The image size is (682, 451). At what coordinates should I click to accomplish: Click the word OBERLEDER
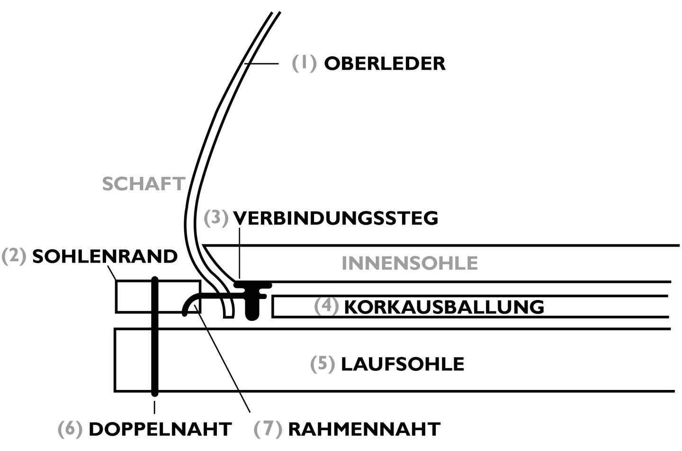(x=385, y=64)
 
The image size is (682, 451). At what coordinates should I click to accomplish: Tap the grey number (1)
(x=304, y=63)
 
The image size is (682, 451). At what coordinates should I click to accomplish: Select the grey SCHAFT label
(x=144, y=184)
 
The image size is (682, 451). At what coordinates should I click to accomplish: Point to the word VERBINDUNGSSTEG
(x=335, y=218)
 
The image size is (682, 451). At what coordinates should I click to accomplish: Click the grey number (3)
(x=216, y=218)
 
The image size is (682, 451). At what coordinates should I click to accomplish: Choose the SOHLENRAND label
(x=105, y=256)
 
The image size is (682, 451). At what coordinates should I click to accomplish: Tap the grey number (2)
(x=14, y=256)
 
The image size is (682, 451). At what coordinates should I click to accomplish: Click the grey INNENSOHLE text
(x=410, y=263)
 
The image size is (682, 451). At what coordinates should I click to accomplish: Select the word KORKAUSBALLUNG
(x=444, y=307)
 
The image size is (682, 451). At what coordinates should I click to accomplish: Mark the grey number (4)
(x=326, y=306)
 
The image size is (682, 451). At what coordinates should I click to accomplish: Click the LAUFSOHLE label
(x=403, y=364)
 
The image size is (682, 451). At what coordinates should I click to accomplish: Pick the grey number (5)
(x=323, y=364)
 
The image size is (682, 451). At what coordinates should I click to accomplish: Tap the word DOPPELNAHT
(x=160, y=429)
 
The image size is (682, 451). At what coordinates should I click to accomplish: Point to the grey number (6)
(x=70, y=429)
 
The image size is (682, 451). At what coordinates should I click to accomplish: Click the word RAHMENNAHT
(x=364, y=429)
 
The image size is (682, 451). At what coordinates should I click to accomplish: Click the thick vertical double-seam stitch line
(x=155, y=336)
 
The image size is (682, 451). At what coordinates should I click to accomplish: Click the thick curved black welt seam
(x=213, y=302)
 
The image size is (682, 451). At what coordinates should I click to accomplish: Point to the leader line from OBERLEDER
(x=261, y=64)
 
